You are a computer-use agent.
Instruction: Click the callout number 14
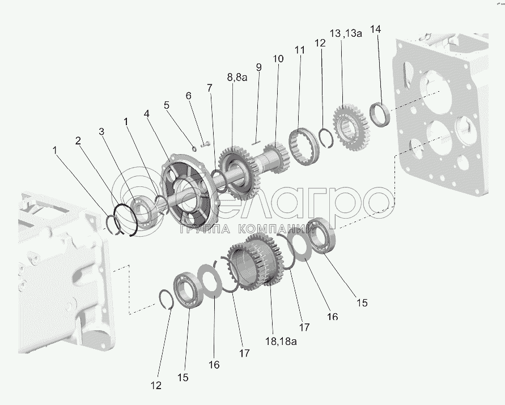point(376,29)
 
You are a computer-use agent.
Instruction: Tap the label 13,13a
point(346,33)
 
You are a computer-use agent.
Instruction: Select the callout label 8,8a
point(237,77)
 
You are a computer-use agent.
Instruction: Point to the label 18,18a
point(281,341)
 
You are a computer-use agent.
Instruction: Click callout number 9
point(258,67)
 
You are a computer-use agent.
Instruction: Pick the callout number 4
point(147,114)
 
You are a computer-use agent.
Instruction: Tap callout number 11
point(299,50)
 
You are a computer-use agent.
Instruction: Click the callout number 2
point(78,140)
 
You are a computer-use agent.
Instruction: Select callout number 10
point(278,59)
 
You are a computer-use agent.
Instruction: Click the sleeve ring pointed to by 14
point(380,114)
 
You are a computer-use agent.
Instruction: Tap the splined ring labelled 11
point(303,147)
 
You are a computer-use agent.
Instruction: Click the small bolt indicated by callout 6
point(205,144)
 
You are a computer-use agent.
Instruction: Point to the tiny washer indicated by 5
point(194,148)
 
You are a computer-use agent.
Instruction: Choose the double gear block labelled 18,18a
point(254,262)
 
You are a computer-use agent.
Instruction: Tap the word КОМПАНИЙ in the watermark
point(277,229)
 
